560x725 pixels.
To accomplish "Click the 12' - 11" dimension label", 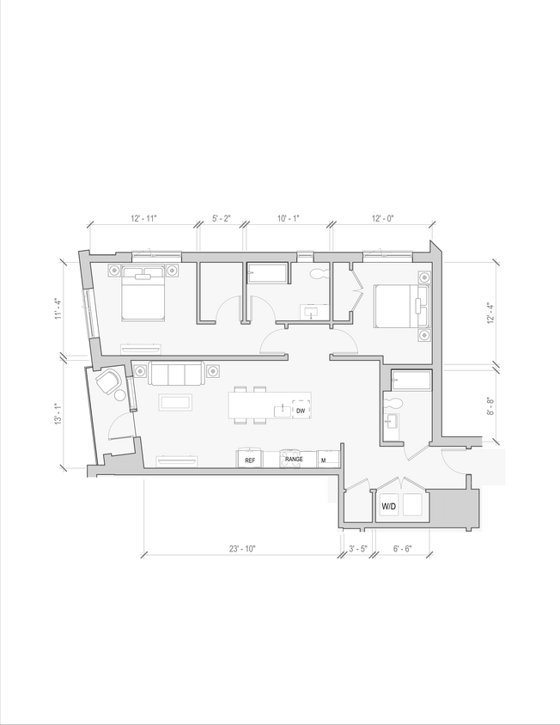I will click(x=143, y=219).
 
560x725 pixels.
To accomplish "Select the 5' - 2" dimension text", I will click(x=221, y=219).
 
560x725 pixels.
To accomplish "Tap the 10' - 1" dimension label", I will click(x=289, y=219).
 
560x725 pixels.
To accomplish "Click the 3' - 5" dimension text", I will click(x=357, y=547).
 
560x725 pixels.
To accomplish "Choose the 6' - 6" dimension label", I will click(x=402, y=547).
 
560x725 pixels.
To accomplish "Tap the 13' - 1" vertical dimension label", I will click(x=58, y=414).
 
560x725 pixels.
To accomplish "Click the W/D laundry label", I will click(x=389, y=508).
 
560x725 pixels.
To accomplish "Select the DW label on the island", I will click(x=301, y=411).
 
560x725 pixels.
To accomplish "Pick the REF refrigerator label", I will click(x=250, y=460).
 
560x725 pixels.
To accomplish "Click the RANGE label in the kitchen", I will click(x=294, y=460).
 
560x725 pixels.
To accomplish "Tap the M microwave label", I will click(x=323, y=460).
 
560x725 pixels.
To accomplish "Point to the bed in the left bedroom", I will click(x=143, y=293).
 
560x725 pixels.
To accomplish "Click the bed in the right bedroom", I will click(x=395, y=306).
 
